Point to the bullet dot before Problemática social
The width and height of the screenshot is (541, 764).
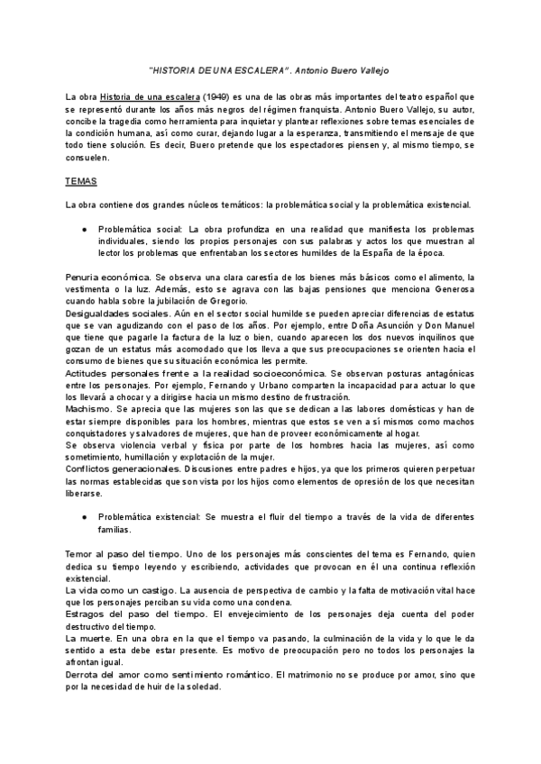pyautogui.click(x=84, y=230)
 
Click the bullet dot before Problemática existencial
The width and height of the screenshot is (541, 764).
pyautogui.click(x=84, y=518)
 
